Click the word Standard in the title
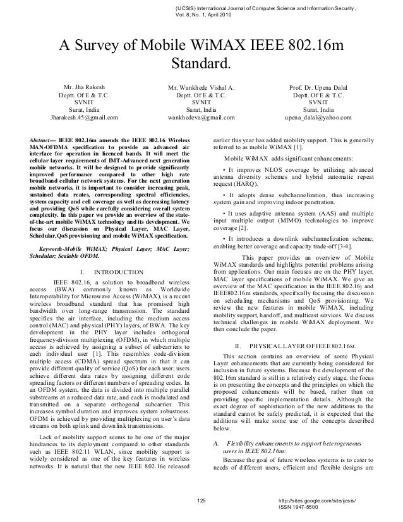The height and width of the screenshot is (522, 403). [x=201, y=64]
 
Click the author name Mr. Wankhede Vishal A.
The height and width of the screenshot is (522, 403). [x=201, y=87]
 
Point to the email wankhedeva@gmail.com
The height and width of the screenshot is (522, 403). [x=201, y=118]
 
